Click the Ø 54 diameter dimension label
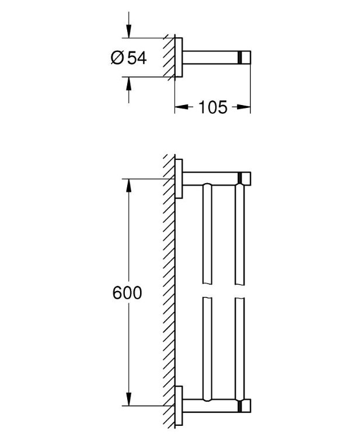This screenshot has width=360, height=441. [129, 58]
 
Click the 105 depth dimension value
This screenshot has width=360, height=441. [212, 107]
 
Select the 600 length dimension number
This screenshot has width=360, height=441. [127, 293]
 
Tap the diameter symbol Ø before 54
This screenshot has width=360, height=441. [117, 58]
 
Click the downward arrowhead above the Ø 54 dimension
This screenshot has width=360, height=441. [129, 32]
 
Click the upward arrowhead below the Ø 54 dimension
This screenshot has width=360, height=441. [129, 83]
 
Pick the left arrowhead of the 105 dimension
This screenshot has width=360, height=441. [181, 107]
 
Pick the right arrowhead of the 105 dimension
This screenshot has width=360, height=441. [243, 107]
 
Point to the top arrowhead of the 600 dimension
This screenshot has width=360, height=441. [129, 185]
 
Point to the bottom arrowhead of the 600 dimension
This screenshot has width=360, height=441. [129, 399]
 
